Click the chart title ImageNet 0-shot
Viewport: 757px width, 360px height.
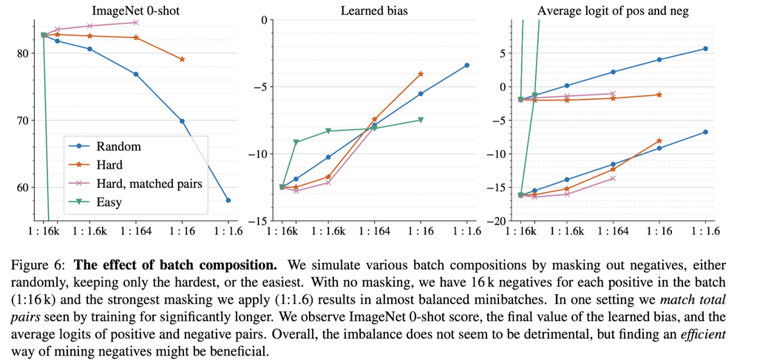pyautogui.click(x=136, y=10)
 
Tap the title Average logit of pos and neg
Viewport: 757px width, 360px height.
pyautogui.click(x=613, y=10)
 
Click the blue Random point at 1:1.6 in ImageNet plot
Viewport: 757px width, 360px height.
pyautogui.click(x=228, y=200)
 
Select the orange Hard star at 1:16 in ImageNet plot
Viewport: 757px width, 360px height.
pyautogui.click(x=182, y=59)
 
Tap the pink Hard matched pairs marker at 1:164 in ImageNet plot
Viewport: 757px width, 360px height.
pyautogui.click(x=136, y=22)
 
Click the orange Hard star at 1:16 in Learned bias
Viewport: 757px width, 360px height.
pyautogui.click(x=421, y=74)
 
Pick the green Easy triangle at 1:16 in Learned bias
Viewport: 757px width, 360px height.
pyautogui.click(x=421, y=120)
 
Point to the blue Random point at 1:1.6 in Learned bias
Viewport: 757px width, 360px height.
pyautogui.click(x=466, y=65)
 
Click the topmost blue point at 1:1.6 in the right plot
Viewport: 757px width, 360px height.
pyautogui.click(x=705, y=49)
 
